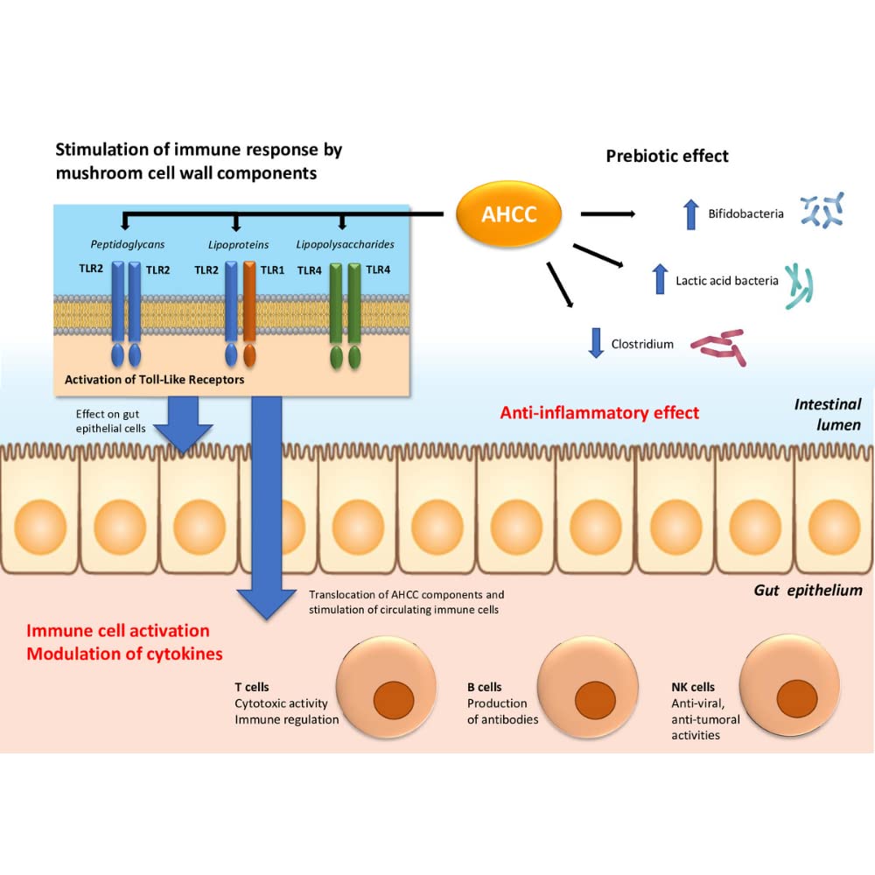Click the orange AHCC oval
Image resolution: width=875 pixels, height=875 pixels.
[508, 213]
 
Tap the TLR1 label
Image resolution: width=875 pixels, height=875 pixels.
[272, 270]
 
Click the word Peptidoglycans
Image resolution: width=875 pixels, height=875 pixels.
[128, 244]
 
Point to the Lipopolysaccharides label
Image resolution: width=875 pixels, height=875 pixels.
[345, 244]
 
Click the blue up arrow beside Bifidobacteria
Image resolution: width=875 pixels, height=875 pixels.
[691, 214]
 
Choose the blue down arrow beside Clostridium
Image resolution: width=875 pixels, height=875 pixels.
[596, 343]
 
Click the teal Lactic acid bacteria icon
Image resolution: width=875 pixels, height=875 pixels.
[799, 286]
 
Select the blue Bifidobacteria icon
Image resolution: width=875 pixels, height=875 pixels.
[822, 210]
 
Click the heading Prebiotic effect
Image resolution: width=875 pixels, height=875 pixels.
[667, 156]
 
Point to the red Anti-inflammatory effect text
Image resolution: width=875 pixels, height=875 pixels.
[599, 412]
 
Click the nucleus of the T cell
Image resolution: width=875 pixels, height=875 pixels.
[394, 700]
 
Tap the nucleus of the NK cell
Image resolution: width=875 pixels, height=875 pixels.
[797, 698]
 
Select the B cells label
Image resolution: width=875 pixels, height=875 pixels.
[485, 687]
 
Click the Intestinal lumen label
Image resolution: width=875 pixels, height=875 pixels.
[828, 415]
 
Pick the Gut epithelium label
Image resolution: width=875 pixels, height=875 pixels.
[808, 591]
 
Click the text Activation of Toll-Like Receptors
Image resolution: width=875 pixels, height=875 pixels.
[155, 380]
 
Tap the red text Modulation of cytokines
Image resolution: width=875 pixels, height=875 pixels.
[124, 654]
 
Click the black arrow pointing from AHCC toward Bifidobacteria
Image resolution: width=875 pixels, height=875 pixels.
[608, 213]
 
